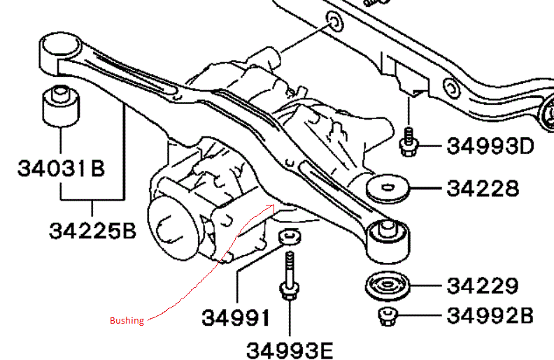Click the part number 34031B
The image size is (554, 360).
(x=61, y=168)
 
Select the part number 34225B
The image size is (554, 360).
(x=92, y=230)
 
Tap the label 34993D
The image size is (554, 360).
(x=490, y=147)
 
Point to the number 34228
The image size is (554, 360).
(x=483, y=189)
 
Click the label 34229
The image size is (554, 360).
(x=483, y=286)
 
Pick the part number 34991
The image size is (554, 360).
(x=236, y=318)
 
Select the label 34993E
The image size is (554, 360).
(x=289, y=348)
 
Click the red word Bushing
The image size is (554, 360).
(x=127, y=321)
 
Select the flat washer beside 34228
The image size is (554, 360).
(x=388, y=189)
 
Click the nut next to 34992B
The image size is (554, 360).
(x=385, y=316)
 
